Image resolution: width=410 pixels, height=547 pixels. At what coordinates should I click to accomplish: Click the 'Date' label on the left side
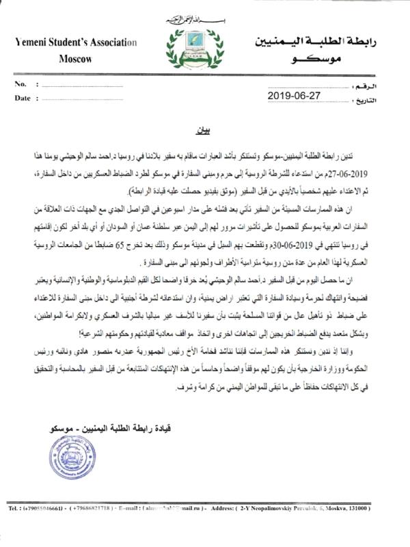[x=23, y=98]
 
